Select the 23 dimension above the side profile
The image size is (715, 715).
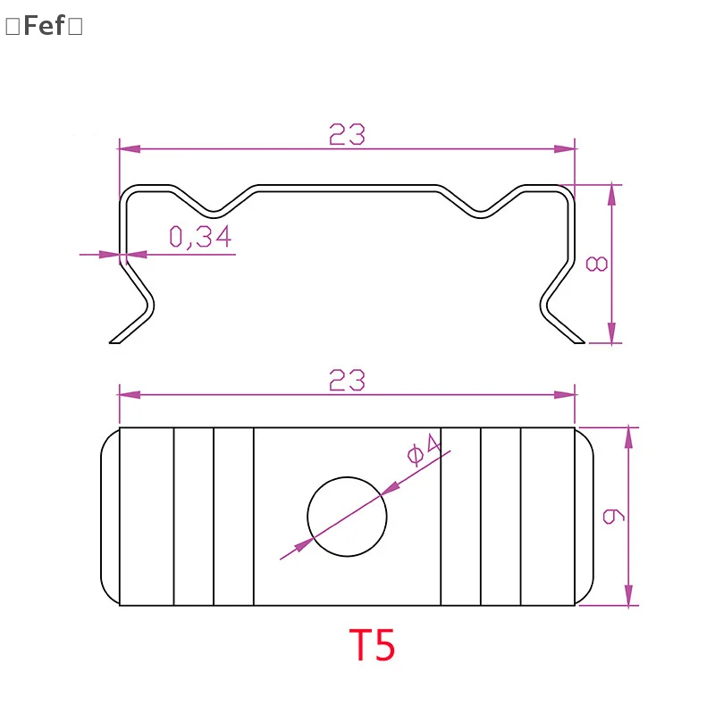coord(347,134)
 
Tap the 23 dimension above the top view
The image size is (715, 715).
coord(347,381)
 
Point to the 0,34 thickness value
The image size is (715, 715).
coord(200,237)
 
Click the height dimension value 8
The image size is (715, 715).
coord(596,263)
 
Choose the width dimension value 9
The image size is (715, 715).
coord(613,516)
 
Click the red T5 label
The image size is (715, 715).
coord(371,645)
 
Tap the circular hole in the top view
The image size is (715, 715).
coord(347,517)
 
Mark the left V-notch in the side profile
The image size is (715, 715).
coord(214,211)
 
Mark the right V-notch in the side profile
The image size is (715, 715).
coord(481,211)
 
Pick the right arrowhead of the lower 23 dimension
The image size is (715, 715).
coord(565,394)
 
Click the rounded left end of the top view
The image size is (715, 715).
coord(109,516)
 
